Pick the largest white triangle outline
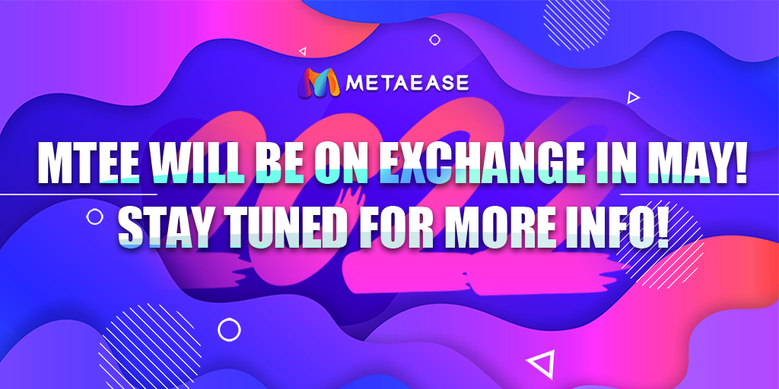tap(539, 365)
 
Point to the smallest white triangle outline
tap(303, 52)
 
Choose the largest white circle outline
tap(229, 329)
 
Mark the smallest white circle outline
tap(434, 40)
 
